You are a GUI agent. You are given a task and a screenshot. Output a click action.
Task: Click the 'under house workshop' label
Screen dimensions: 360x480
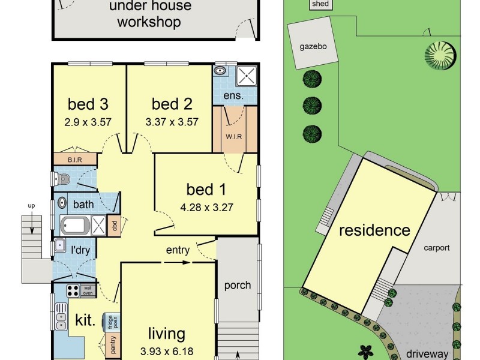[x=149, y=15]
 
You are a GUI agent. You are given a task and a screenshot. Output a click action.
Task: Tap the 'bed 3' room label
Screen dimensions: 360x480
[x=88, y=104]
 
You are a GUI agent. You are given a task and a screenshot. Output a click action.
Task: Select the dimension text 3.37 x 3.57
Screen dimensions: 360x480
[x=172, y=121]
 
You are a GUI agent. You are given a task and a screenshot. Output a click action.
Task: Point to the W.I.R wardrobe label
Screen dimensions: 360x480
[x=234, y=136]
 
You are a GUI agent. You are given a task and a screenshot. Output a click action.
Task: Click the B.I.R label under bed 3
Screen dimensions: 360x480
[x=75, y=160]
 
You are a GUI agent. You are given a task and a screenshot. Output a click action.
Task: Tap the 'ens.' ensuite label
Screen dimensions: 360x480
[x=233, y=95]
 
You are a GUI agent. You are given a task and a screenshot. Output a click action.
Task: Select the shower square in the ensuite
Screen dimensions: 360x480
[x=246, y=76]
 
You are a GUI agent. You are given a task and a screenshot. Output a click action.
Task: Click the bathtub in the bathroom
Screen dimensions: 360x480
[x=75, y=226]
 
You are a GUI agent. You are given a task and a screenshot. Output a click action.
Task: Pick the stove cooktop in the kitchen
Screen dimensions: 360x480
[x=73, y=291]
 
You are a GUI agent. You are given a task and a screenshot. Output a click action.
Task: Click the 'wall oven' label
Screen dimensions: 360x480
[x=88, y=290]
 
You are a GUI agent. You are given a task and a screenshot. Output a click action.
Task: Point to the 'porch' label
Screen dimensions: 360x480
[x=238, y=285]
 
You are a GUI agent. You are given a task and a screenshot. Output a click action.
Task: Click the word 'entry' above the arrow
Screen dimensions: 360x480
[x=178, y=250]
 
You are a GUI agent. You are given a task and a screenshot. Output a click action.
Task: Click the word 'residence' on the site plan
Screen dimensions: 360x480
[x=375, y=230]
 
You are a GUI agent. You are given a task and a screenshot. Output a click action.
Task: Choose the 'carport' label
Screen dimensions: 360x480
[x=437, y=247]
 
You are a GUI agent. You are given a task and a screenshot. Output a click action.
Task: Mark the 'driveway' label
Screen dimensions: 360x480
[x=427, y=354]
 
